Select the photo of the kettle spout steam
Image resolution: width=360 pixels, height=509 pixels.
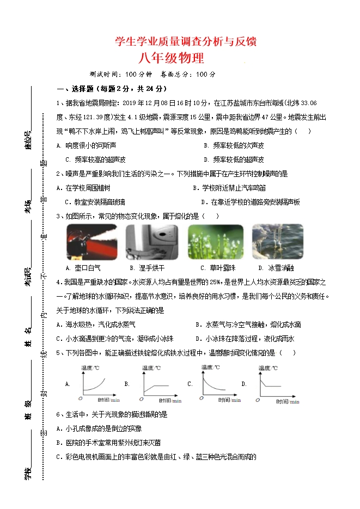pos(91,242)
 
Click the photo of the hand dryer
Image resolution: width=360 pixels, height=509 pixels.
pos(152,242)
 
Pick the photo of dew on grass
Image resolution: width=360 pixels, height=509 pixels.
pos(213,242)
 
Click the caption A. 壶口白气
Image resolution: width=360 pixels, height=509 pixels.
pos(83,268)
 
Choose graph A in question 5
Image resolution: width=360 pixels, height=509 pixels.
pos(98,383)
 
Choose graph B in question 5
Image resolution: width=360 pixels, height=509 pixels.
pos(161,383)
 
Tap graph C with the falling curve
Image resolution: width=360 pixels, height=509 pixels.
pos(221,383)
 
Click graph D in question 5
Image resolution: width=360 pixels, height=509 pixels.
pos(277,383)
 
